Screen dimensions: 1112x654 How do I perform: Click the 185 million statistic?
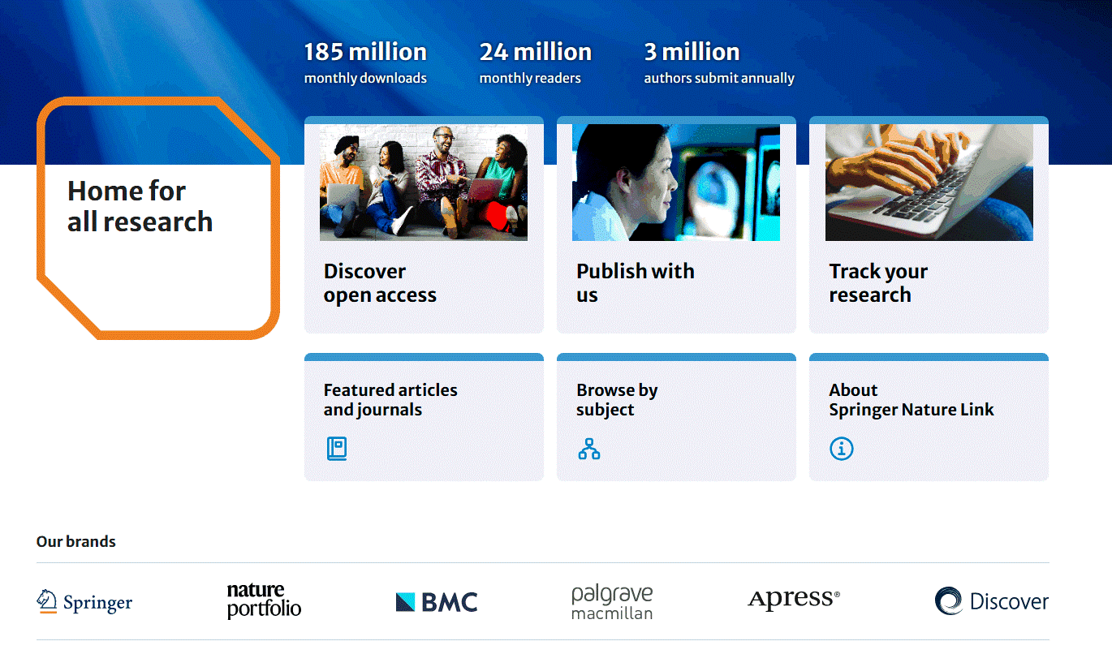[x=365, y=52]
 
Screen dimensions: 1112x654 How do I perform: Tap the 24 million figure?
[x=536, y=52]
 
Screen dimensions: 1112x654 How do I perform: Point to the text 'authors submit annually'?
[x=719, y=79]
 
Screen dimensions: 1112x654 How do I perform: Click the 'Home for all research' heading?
[x=140, y=206]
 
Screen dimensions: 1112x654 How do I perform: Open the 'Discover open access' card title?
[x=380, y=283]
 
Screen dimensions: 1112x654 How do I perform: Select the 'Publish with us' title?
[x=635, y=283]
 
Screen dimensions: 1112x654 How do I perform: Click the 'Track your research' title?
[x=878, y=283]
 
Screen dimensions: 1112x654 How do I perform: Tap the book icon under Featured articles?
[x=337, y=449]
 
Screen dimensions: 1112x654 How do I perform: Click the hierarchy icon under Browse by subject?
[x=588, y=449]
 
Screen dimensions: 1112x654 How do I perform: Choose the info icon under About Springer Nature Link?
[x=842, y=449]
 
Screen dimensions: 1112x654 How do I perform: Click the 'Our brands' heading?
[x=76, y=541]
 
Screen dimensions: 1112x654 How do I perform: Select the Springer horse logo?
[x=46, y=601]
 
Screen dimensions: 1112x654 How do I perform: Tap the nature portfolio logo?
[x=264, y=601]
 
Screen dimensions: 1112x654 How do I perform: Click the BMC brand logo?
[x=437, y=602]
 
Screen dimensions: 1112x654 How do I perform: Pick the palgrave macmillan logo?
[x=612, y=602]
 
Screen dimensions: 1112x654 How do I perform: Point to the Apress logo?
[x=794, y=599]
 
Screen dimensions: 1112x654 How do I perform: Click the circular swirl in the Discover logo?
[x=949, y=601]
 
